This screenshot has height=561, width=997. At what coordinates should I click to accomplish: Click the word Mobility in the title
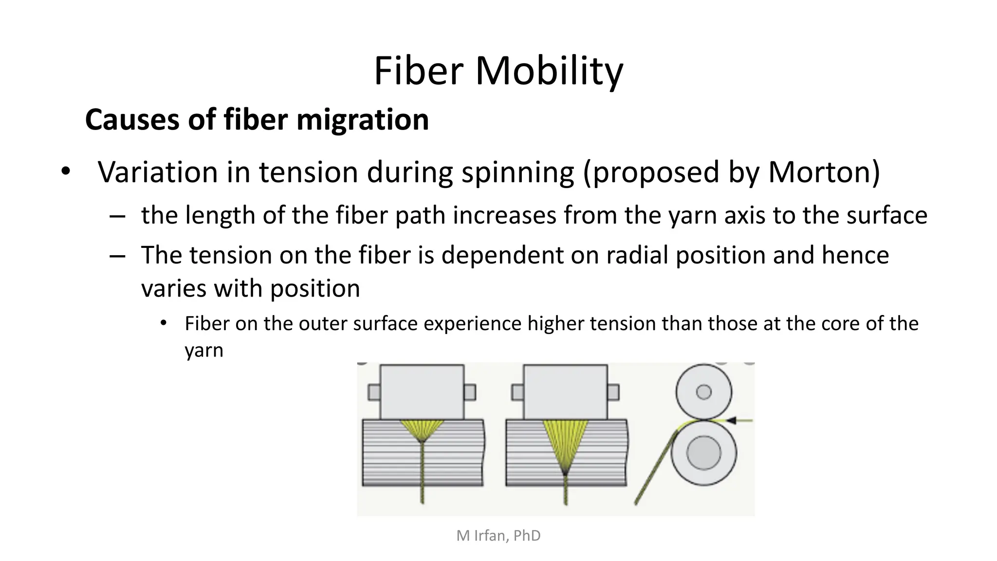point(549,71)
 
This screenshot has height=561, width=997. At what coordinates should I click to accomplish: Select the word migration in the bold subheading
point(362,120)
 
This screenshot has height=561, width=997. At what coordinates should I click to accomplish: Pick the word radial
point(636,255)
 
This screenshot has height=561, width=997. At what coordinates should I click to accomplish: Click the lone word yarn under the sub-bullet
point(203,351)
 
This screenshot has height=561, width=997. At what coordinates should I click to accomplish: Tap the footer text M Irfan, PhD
point(498,536)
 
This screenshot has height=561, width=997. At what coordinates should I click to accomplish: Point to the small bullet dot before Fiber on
point(163,323)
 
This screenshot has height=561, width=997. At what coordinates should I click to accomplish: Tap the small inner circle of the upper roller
point(703,392)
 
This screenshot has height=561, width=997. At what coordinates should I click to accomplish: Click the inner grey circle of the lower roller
point(703,453)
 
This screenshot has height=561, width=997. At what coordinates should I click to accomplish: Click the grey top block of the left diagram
point(422,392)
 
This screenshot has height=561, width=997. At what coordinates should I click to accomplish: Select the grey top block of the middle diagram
point(565,392)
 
